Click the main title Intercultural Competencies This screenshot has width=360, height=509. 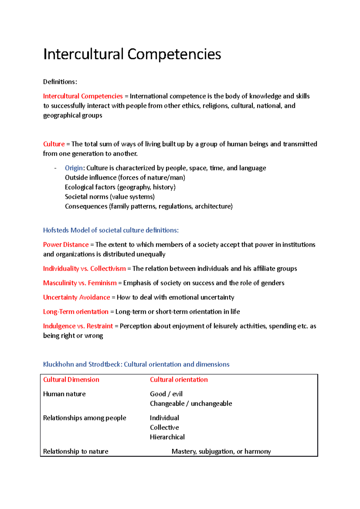pos(132,54)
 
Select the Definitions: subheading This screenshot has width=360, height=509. pos(60,82)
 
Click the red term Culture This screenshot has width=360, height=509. pos(54,144)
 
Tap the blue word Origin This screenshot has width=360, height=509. pos(73,168)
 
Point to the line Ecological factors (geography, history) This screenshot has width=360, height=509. pos(120,187)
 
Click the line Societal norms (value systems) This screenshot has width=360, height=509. pos(110,197)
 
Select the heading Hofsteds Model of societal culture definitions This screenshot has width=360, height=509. pos(111,230)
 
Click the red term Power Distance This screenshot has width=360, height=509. pos(66,245)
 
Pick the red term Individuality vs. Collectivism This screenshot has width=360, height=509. pos(84,269)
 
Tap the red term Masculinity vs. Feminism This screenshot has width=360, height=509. pos(80,283)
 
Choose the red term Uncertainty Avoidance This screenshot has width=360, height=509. pos(76,297)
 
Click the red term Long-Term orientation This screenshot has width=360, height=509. pos(76,312)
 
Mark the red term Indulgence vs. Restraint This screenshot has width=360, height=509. pos(78,326)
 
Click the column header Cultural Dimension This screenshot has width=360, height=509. pos(71,380)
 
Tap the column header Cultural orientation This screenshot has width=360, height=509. pos(179,380)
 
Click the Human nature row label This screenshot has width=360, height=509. pos(64,394)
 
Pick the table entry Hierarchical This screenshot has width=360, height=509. pos(167,437)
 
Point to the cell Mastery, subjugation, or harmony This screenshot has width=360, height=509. pos(221,452)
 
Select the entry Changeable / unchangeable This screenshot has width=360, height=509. pos(191,404)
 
